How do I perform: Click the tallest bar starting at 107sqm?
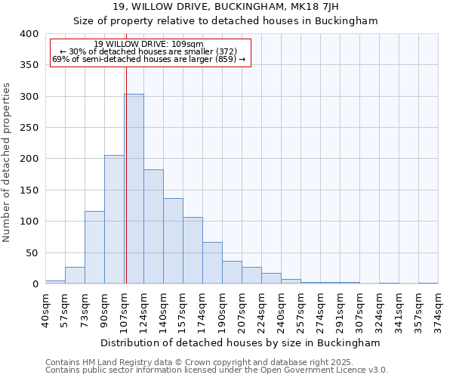click(134, 189)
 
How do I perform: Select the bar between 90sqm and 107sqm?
click(114, 219)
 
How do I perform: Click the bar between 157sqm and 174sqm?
click(193, 250)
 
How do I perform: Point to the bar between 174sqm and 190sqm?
click(212, 263)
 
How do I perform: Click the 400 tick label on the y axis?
click(29, 34)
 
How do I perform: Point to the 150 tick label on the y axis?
click(29, 191)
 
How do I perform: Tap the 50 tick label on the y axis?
click(32, 253)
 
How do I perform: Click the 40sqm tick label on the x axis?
click(45, 308)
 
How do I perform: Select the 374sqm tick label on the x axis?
click(438, 308)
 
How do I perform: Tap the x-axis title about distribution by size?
click(241, 342)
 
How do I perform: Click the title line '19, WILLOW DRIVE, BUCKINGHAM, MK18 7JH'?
click(225, 7)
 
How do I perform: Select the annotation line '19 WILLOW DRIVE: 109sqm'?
click(149, 45)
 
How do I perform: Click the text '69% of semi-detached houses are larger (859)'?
click(149, 60)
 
